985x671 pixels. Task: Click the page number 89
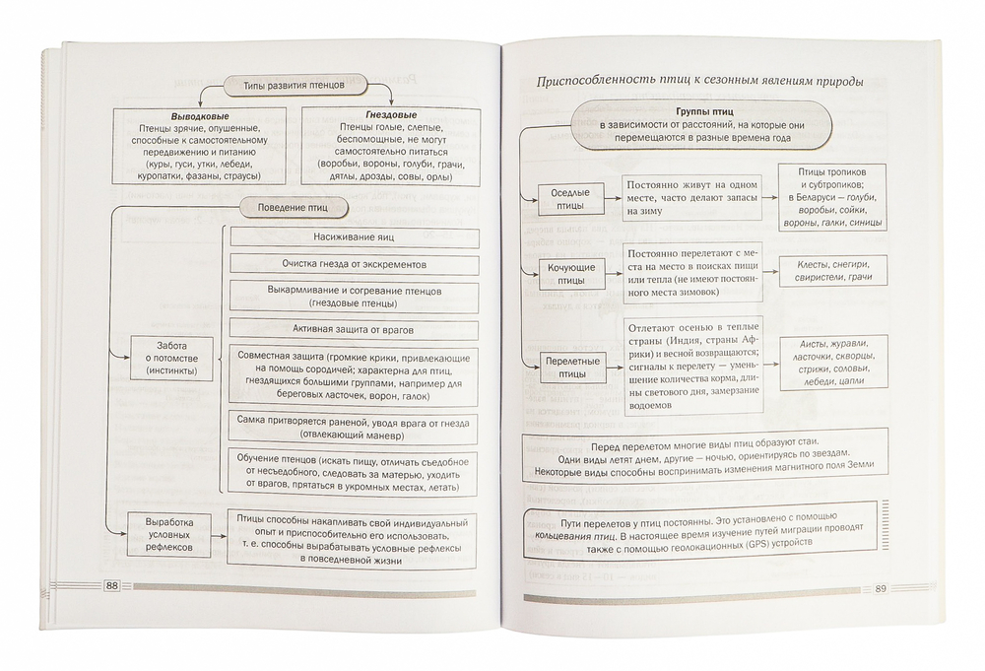pos(881,590)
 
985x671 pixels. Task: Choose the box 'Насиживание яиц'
pos(355,237)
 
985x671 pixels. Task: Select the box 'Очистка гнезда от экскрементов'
pos(355,265)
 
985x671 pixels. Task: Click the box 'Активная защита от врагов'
pos(355,327)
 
